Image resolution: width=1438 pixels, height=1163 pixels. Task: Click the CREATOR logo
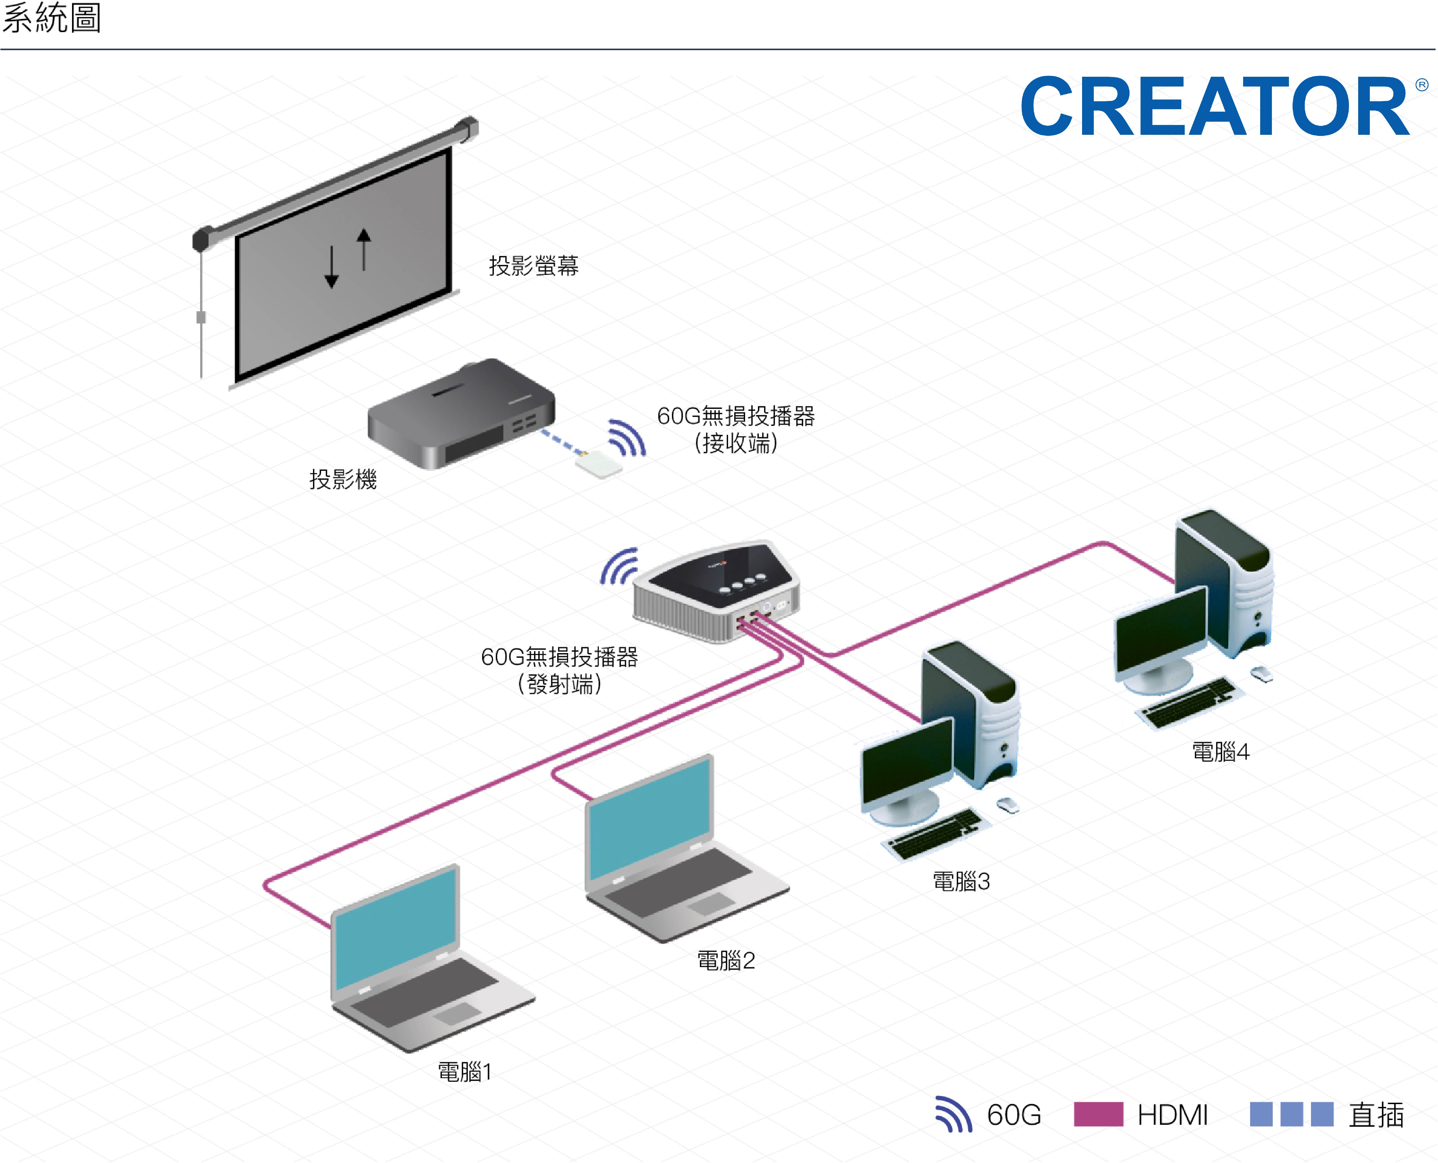point(1216,106)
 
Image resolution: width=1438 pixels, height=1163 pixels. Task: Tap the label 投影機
point(343,479)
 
